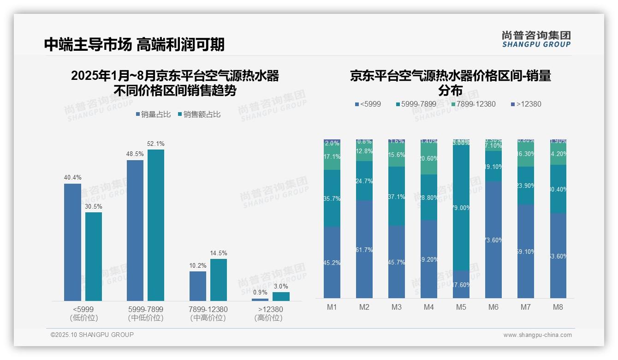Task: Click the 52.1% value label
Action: (156, 144)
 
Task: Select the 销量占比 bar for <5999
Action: (72, 242)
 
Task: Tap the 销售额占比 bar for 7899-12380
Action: (219, 280)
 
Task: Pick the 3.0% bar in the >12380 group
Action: (281, 296)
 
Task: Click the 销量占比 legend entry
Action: (153, 114)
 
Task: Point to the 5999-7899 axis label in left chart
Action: (145, 309)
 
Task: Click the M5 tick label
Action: (461, 307)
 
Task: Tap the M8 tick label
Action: (558, 307)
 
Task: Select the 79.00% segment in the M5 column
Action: (461, 208)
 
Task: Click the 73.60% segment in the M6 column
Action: (493, 240)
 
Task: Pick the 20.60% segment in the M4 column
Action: (429, 158)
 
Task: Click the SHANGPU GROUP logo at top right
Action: (536, 39)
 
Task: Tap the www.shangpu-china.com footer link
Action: (537, 335)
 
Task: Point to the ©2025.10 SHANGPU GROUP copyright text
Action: (92, 335)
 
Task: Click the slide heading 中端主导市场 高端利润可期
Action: (134, 44)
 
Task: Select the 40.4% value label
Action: (72, 178)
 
